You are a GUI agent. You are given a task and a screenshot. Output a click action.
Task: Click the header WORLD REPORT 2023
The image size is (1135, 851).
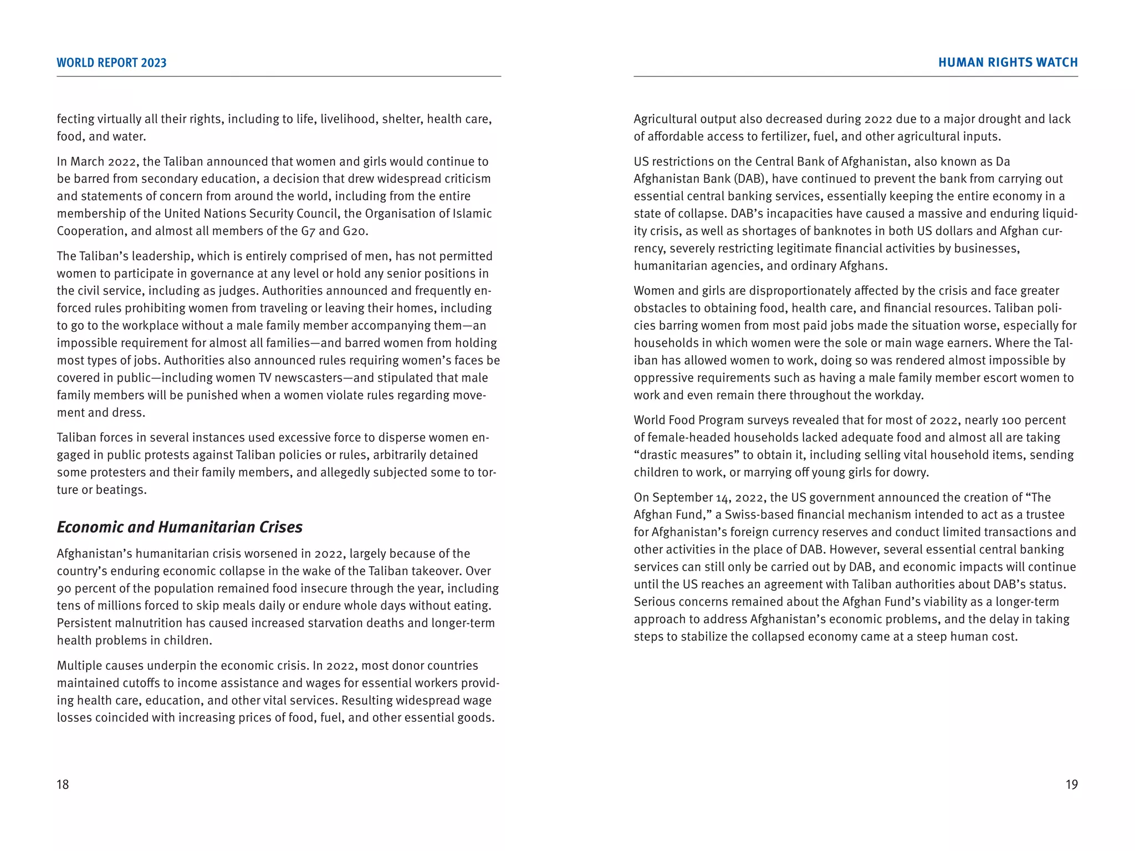[x=111, y=63]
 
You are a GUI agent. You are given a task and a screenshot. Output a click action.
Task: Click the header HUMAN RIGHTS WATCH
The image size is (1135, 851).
[x=1008, y=63]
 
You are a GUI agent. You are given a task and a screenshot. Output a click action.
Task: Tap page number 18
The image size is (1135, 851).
[x=63, y=784]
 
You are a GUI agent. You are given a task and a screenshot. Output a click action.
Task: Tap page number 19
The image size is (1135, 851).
[x=1071, y=784]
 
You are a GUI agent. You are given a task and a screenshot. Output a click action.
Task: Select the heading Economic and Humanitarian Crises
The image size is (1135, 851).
[x=180, y=527]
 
